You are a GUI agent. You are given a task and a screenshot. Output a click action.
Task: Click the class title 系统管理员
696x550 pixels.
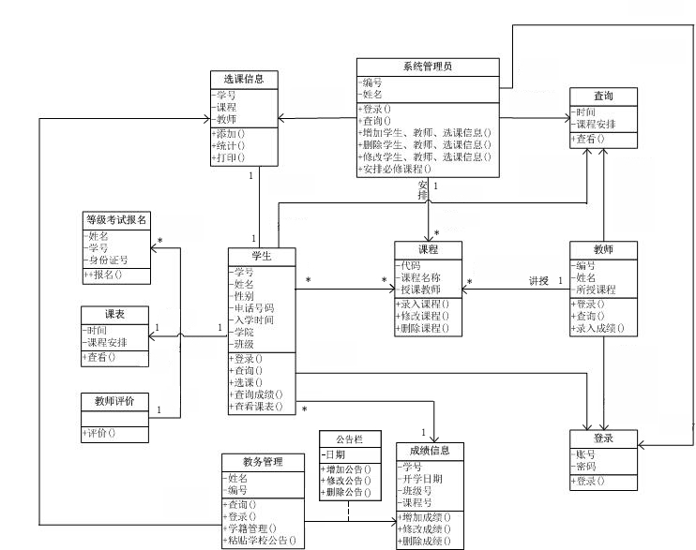pyautogui.click(x=428, y=67)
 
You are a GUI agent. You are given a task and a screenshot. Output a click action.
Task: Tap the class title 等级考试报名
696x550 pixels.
pyautogui.click(x=115, y=220)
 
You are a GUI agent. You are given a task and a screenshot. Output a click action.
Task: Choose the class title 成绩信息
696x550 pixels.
pyautogui.click(x=430, y=451)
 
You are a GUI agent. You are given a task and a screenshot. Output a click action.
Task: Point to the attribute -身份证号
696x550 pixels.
pyautogui.click(x=107, y=260)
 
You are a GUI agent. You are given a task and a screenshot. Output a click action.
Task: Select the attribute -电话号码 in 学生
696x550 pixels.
pyautogui.click(x=252, y=306)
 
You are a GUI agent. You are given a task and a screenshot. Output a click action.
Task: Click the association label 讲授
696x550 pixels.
pyautogui.click(x=538, y=280)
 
